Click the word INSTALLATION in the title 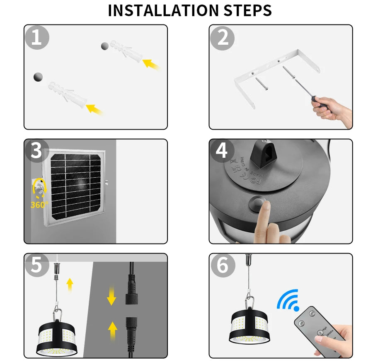click(162, 10)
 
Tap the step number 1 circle click(36, 38)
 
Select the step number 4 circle click(222, 152)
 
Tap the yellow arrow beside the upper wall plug click(151, 64)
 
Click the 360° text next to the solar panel click(39, 205)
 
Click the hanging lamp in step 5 click(58, 335)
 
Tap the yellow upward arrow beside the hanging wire click(70, 285)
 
